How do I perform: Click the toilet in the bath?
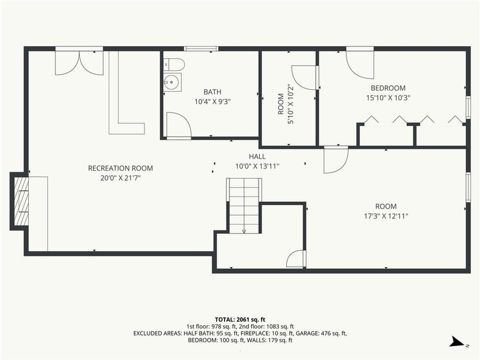coord(174,65)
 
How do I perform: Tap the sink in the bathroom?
coord(172,83)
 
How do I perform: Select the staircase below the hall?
coord(245,205)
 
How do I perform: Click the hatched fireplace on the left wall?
coord(21,201)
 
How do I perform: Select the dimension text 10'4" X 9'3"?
coord(213,101)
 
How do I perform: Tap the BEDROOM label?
coord(388,88)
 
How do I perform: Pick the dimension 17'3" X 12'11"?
coord(386,216)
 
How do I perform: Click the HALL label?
coord(257,156)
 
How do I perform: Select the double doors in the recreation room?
coord(79,62)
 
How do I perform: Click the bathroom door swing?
coord(178,125)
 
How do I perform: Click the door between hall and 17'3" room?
coord(335,160)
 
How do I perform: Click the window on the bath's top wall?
coord(201,49)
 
